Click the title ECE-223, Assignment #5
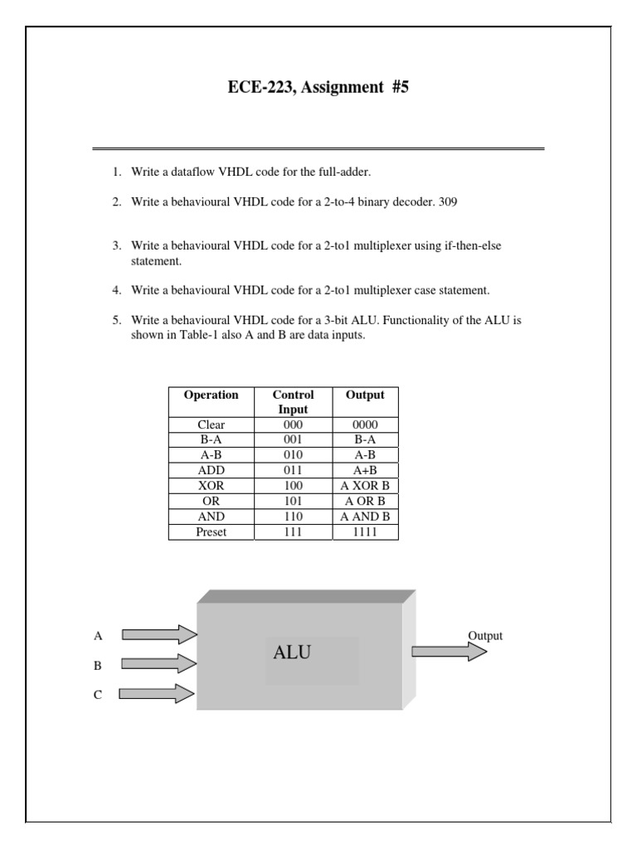coord(318,87)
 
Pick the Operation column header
coord(211,395)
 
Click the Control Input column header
coord(293,402)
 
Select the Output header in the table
coord(365,395)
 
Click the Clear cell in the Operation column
coord(211,424)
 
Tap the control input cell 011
coord(293,470)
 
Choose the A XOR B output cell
coord(365,485)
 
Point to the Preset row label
coord(211,531)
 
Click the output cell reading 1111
coord(365,531)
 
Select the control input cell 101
coord(293,501)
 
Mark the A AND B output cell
coord(365,516)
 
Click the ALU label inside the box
coord(292,653)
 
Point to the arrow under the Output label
coord(449,652)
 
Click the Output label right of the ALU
coord(485,636)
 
